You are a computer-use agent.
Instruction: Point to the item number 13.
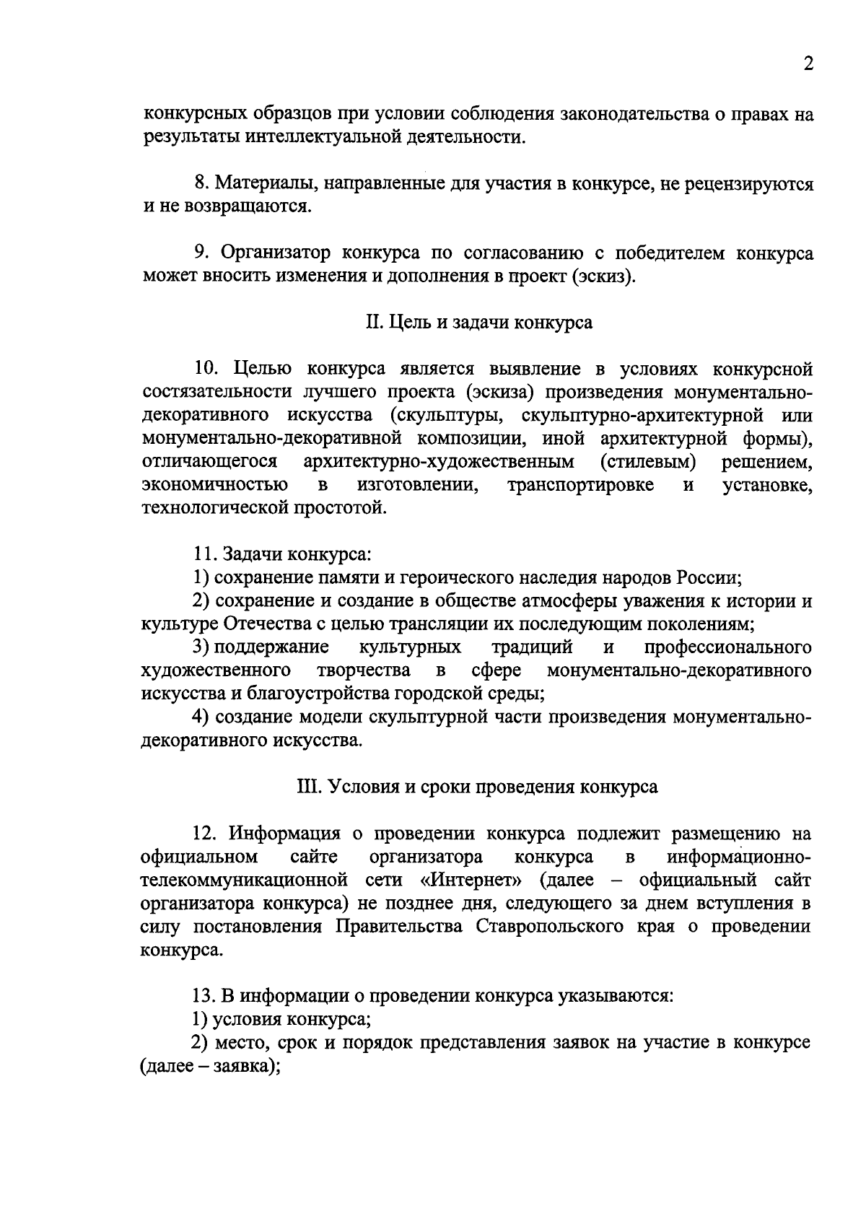tap(203, 997)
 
